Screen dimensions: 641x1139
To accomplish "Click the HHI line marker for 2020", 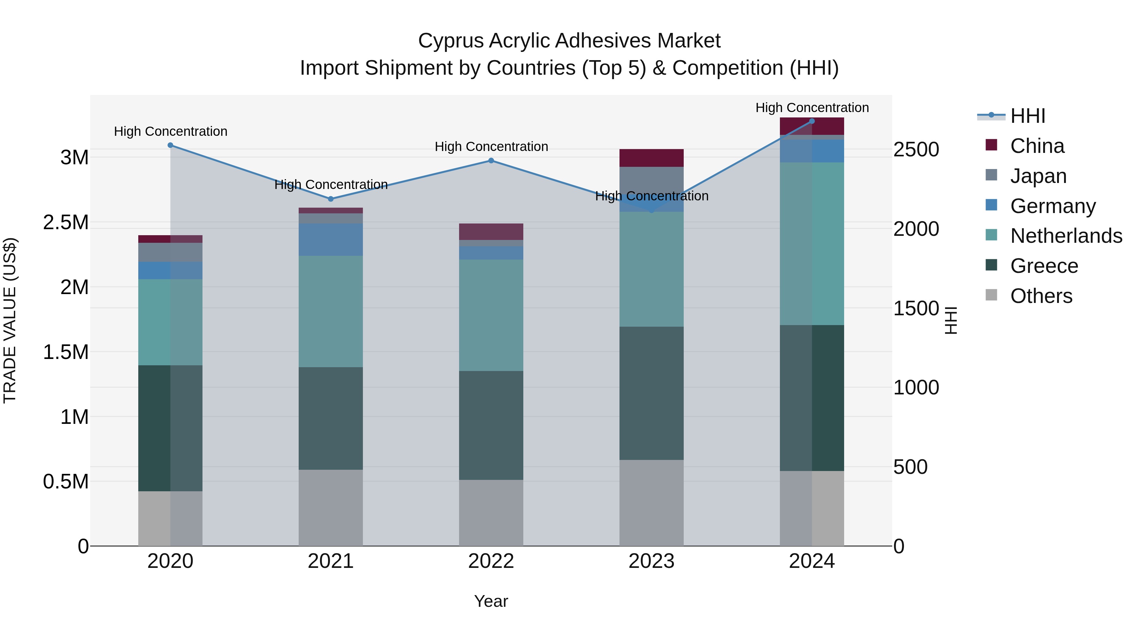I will tap(170, 145).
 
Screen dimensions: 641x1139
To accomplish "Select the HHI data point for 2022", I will tap(491, 160).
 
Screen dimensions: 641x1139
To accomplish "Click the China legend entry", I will tap(1037, 146).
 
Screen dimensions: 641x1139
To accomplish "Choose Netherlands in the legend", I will tap(1066, 236).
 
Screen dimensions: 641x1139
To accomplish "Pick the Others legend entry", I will tap(1041, 296).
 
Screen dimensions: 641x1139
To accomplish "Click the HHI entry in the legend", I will tap(1027, 116).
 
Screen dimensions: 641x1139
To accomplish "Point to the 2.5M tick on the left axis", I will tap(65, 222).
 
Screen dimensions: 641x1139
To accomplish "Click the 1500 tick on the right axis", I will tap(916, 308).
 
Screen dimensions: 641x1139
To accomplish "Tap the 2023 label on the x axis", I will tap(651, 561).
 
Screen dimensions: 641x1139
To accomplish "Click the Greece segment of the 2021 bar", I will tap(330, 418).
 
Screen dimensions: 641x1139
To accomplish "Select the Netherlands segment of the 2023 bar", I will tap(651, 269).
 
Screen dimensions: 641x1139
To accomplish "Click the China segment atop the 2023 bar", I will tap(651, 158).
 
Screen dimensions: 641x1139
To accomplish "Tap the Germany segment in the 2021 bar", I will tap(330, 239).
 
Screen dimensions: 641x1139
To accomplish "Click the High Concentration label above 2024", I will tap(812, 108).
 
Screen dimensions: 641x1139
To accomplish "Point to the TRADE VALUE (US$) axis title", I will tap(10, 320).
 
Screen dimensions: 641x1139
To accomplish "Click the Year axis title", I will tap(491, 601).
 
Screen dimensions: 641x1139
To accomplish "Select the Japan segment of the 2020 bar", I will tap(170, 252).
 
